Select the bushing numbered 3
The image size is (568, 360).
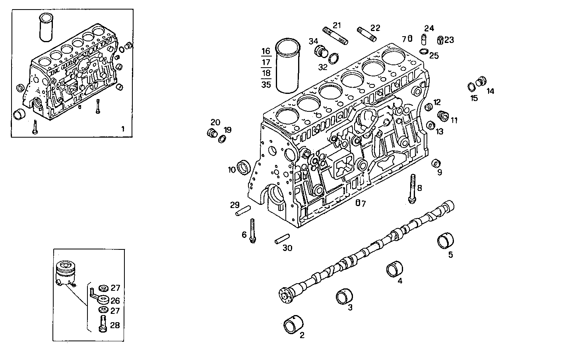344,296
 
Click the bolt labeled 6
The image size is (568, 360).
252,231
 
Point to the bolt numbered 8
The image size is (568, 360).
412,189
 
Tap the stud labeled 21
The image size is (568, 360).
336,35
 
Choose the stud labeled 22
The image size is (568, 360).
366,34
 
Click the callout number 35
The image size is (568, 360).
266,84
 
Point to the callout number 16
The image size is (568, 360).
266,51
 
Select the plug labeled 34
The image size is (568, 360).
321,51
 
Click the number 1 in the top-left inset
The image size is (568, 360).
123,129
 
